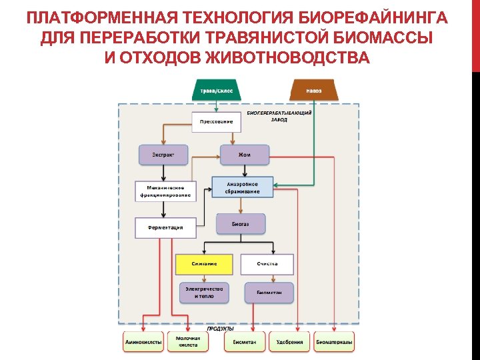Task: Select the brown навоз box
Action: tap(313, 90)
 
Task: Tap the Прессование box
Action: tap(217, 121)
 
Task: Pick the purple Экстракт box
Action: tap(163, 155)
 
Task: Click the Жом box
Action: tap(245, 155)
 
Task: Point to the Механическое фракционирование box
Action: tap(165, 191)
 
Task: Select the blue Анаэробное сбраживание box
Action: tap(243, 187)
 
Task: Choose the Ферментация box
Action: tap(166, 227)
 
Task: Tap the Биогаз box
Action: tap(241, 224)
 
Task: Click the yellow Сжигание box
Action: tap(204, 264)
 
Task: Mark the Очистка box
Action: tap(267, 264)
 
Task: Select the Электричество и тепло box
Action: tap(204, 292)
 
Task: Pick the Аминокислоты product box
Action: tap(143, 342)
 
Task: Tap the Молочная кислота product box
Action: tap(188, 342)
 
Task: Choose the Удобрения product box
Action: tap(289, 342)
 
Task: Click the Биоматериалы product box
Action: tap(335, 342)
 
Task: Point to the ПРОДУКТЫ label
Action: tap(220, 329)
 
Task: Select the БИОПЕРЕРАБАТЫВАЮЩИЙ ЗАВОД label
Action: tap(279, 116)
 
